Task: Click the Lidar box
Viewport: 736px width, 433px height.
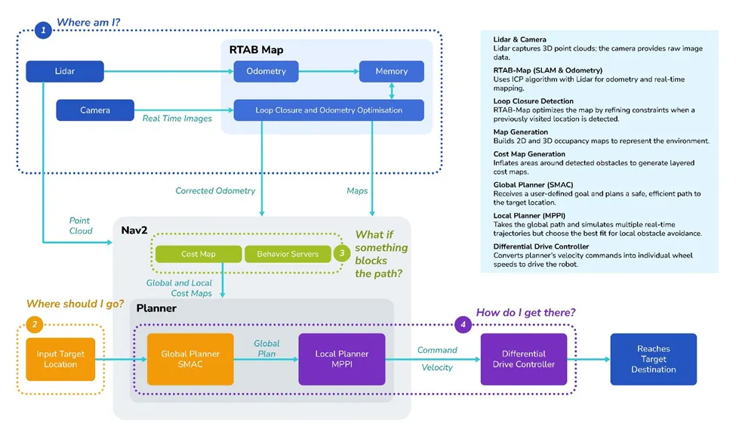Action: click(64, 72)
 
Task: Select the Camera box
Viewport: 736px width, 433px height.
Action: click(95, 110)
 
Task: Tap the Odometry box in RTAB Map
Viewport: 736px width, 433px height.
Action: click(266, 72)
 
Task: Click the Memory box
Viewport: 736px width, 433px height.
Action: click(390, 72)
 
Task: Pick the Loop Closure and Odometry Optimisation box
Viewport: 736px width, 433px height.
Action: click(328, 110)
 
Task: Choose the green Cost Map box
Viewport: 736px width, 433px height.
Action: click(199, 254)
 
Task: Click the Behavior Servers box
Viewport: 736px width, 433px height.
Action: click(288, 254)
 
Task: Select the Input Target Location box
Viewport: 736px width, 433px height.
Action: click(60, 359)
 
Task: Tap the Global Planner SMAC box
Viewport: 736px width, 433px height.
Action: click(190, 359)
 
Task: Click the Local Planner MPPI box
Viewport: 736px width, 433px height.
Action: click(342, 359)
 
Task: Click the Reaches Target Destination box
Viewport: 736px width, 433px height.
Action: click(653, 359)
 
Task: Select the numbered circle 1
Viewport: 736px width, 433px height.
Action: click(44, 31)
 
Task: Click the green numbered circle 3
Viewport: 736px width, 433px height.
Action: click(341, 254)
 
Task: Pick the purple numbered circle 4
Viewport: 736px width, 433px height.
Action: click(464, 326)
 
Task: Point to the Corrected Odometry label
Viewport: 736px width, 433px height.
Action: click(215, 191)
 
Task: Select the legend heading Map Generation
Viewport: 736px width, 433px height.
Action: click(522, 131)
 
